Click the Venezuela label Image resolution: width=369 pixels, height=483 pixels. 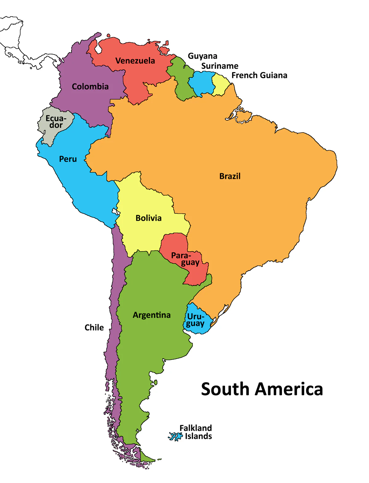(135, 61)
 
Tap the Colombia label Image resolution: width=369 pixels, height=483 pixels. (90, 87)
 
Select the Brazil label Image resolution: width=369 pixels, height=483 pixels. (230, 176)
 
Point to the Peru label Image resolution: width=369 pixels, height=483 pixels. (68, 159)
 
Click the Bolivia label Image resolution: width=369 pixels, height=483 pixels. (149, 218)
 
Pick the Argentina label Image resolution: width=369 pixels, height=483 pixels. (152, 315)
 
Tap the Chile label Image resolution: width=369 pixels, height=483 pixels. (94, 328)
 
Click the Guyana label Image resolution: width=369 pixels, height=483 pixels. (202, 56)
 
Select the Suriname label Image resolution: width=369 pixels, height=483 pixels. (220, 66)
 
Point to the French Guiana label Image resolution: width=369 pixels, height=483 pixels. (259, 76)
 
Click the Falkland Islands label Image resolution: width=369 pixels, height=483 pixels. (196, 432)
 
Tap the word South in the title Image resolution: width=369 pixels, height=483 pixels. (225, 389)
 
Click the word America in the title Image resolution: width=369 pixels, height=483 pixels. (289, 389)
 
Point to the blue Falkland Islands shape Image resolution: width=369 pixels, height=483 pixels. (175, 436)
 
